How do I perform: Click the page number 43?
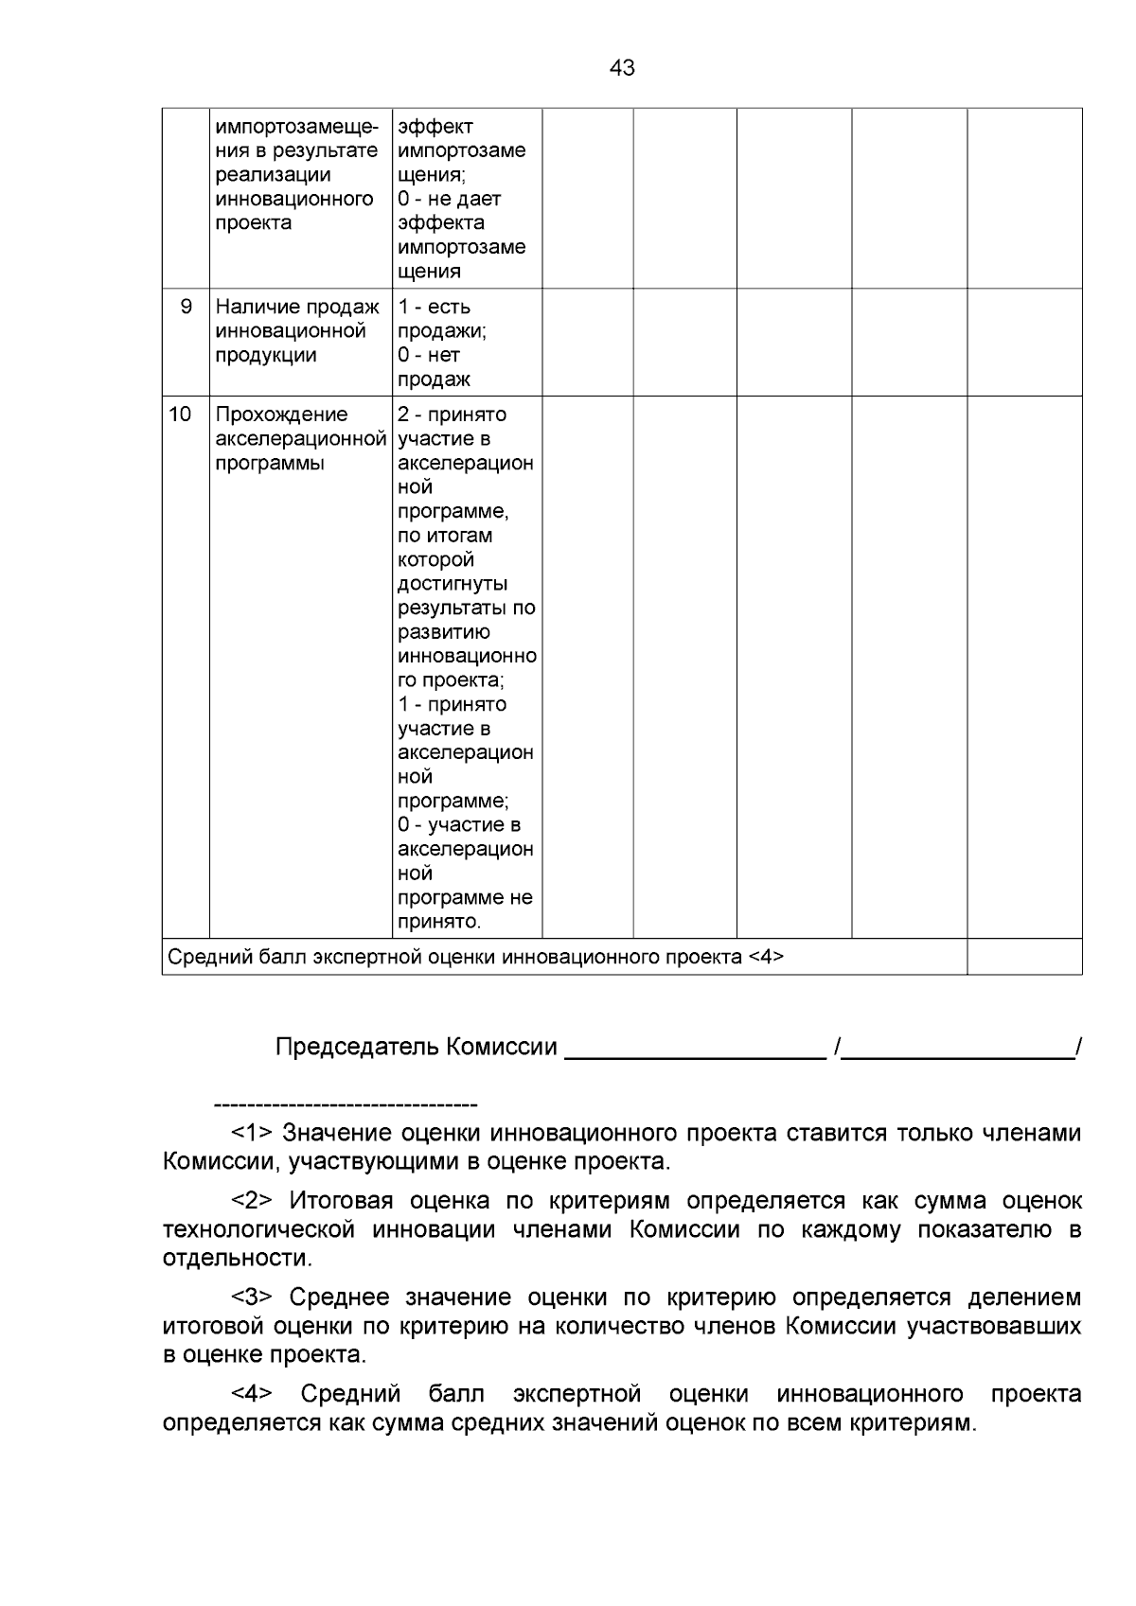point(622,68)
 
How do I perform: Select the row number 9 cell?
point(186,307)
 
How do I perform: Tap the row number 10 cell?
point(180,415)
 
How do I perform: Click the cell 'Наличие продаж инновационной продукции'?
point(297,331)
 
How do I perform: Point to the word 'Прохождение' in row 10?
point(281,415)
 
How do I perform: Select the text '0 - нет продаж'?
point(434,367)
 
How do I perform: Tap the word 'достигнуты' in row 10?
point(453,584)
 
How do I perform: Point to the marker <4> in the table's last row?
point(765,957)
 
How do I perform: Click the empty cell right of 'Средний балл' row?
point(1023,957)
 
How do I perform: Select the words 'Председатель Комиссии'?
point(416,1047)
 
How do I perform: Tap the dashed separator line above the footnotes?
point(346,1104)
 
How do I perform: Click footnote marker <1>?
point(252,1133)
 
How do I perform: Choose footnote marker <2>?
point(252,1201)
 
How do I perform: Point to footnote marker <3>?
point(252,1297)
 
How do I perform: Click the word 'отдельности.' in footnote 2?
point(237,1259)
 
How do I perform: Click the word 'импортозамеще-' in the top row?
point(297,127)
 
